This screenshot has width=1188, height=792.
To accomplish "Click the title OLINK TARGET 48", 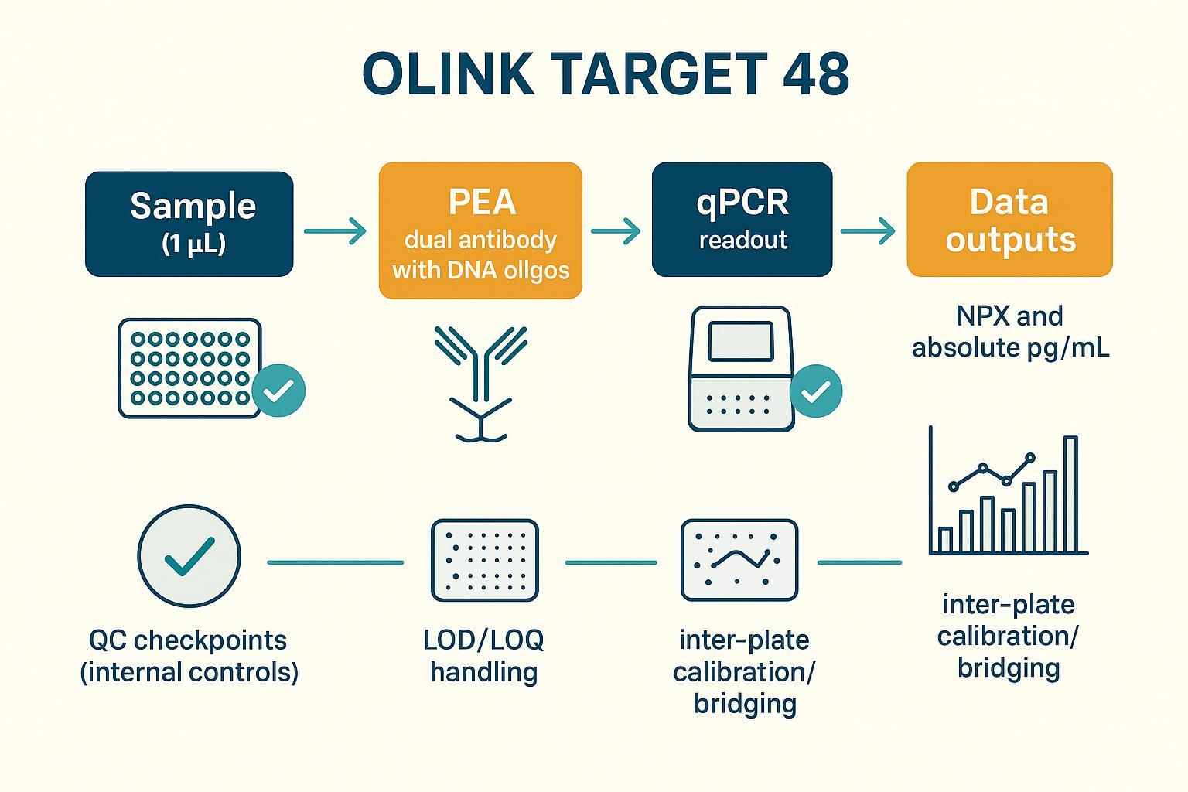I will (606, 75).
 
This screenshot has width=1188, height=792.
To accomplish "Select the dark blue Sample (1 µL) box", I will (189, 224).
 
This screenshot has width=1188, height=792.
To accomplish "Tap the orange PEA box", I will (480, 230).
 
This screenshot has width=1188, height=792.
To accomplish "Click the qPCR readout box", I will (742, 220).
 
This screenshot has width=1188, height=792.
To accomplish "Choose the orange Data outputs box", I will (1009, 220).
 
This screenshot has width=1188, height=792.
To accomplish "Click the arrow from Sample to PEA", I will (335, 230).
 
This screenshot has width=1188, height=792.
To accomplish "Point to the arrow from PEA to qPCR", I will (616, 230).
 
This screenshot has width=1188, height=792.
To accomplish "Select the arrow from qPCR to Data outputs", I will (868, 230).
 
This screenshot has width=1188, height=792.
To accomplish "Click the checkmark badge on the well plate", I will (278, 391).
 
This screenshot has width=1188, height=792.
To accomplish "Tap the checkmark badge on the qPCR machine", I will (815, 392).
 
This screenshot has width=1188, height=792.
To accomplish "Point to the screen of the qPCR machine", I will (741, 340).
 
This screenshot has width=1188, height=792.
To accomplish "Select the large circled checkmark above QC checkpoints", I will (189, 555).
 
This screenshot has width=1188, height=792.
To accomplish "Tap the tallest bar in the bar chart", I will (1070, 495).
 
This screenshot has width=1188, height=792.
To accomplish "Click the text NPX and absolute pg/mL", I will (1010, 332).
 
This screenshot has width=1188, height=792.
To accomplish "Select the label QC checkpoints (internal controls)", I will (189, 656).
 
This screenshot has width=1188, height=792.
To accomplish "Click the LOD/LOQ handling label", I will (484, 655).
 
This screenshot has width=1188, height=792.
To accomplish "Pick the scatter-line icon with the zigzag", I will (739, 560).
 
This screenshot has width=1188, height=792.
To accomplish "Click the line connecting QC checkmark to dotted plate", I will (335, 562).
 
